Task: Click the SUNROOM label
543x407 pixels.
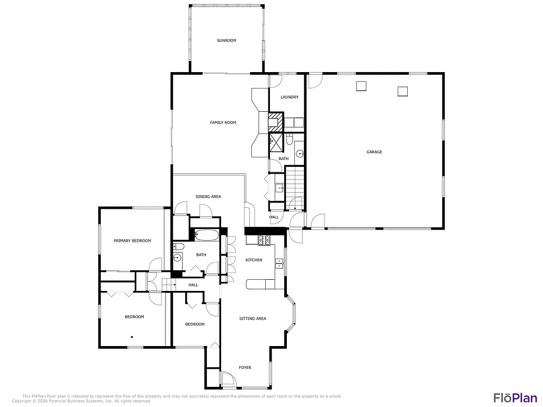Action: coord(226,40)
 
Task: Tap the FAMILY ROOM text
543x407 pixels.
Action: coord(223,122)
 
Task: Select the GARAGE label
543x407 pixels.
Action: coord(374,152)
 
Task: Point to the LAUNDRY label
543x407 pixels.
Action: coord(290,97)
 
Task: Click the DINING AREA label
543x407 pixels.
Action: coord(208,197)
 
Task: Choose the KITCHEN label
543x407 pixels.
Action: coord(253,260)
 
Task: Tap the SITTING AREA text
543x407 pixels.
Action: coord(252,318)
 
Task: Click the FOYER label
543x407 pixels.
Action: coord(245,367)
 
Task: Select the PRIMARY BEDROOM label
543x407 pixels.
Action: coord(132,241)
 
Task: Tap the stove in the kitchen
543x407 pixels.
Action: coord(265,240)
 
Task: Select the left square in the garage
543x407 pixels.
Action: coord(362,86)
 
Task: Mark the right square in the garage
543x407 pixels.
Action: coord(402,91)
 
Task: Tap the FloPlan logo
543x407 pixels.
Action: coord(515,397)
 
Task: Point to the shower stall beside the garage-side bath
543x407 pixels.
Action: coord(276,141)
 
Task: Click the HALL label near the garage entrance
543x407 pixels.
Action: coord(274,217)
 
